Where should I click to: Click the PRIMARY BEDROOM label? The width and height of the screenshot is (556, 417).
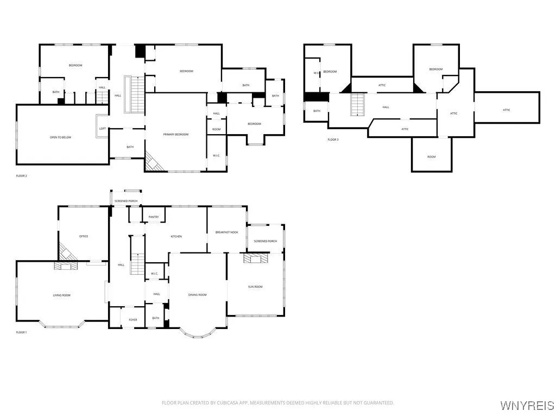(176, 134)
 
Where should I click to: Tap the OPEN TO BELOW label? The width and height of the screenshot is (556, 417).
(61, 137)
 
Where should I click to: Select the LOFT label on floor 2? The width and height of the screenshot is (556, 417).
(103, 129)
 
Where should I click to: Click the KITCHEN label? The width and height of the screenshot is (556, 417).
(176, 236)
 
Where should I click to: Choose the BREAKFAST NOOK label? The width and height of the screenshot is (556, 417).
(226, 232)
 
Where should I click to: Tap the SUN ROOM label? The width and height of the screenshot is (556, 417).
(255, 287)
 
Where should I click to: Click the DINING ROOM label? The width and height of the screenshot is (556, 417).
(198, 295)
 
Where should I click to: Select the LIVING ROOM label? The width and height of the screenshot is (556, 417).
(61, 295)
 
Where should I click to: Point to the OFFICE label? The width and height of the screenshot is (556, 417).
(84, 236)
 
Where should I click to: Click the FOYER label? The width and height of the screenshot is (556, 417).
(132, 320)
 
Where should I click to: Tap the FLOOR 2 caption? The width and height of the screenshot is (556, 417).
(21, 176)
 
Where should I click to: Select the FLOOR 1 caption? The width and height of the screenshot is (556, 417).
(21, 332)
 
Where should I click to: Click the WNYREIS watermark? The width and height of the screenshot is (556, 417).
(527, 406)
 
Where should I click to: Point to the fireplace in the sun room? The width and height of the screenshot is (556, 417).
(255, 258)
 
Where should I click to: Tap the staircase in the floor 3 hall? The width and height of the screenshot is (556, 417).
(357, 104)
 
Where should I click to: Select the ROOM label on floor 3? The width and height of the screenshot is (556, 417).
(431, 157)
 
